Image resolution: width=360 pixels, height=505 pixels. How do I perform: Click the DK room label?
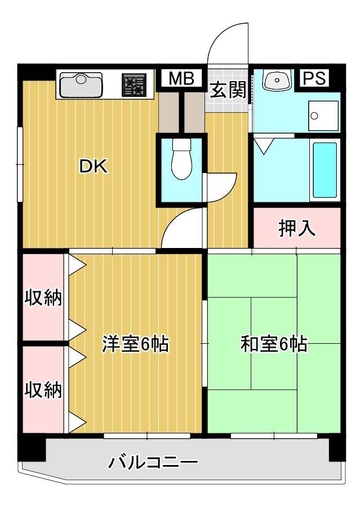(x=92, y=166)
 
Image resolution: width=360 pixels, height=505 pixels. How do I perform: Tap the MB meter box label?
(x=181, y=79)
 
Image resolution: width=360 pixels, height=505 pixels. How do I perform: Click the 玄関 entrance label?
(x=228, y=90)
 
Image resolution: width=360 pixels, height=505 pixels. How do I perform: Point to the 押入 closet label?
(x=296, y=228)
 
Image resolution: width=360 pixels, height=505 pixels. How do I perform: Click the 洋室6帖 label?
(x=135, y=344)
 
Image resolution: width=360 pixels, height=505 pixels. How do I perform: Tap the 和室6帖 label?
(x=274, y=344)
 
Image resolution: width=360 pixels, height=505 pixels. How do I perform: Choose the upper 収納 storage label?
(x=43, y=297)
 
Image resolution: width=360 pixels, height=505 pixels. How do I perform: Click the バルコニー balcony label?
(x=153, y=464)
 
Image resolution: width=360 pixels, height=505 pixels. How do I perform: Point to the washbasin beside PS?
(x=277, y=81)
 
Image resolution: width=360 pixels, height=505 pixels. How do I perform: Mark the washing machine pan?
(x=323, y=116)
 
